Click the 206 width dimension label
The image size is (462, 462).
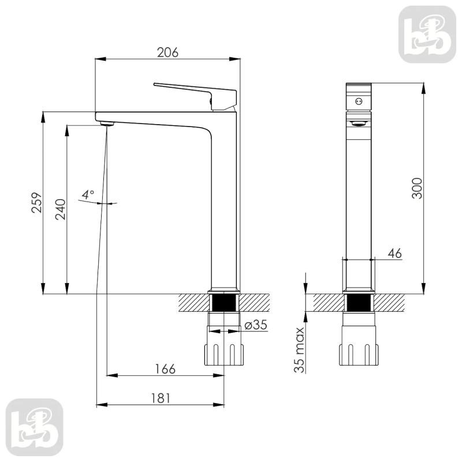pyautogui.click(x=167, y=53)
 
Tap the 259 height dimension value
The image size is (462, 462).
pyautogui.click(x=37, y=203)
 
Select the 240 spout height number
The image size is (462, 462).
pyautogui.click(x=61, y=209)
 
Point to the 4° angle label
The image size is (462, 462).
pyautogui.click(x=88, y=195)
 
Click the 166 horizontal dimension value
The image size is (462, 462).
pyautogui.click(x=165, y=369)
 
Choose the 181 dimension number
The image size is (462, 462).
pyautogui.click(x=161, y=398)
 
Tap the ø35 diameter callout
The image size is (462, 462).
pyautogui.click(x=256, y=325)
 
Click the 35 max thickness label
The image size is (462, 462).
pyautogui.click(x=299, y=350)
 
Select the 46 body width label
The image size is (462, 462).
pyautogui.click(x=394, y=253)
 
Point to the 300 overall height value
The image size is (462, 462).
pyautogui.click(x=417, y=188)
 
